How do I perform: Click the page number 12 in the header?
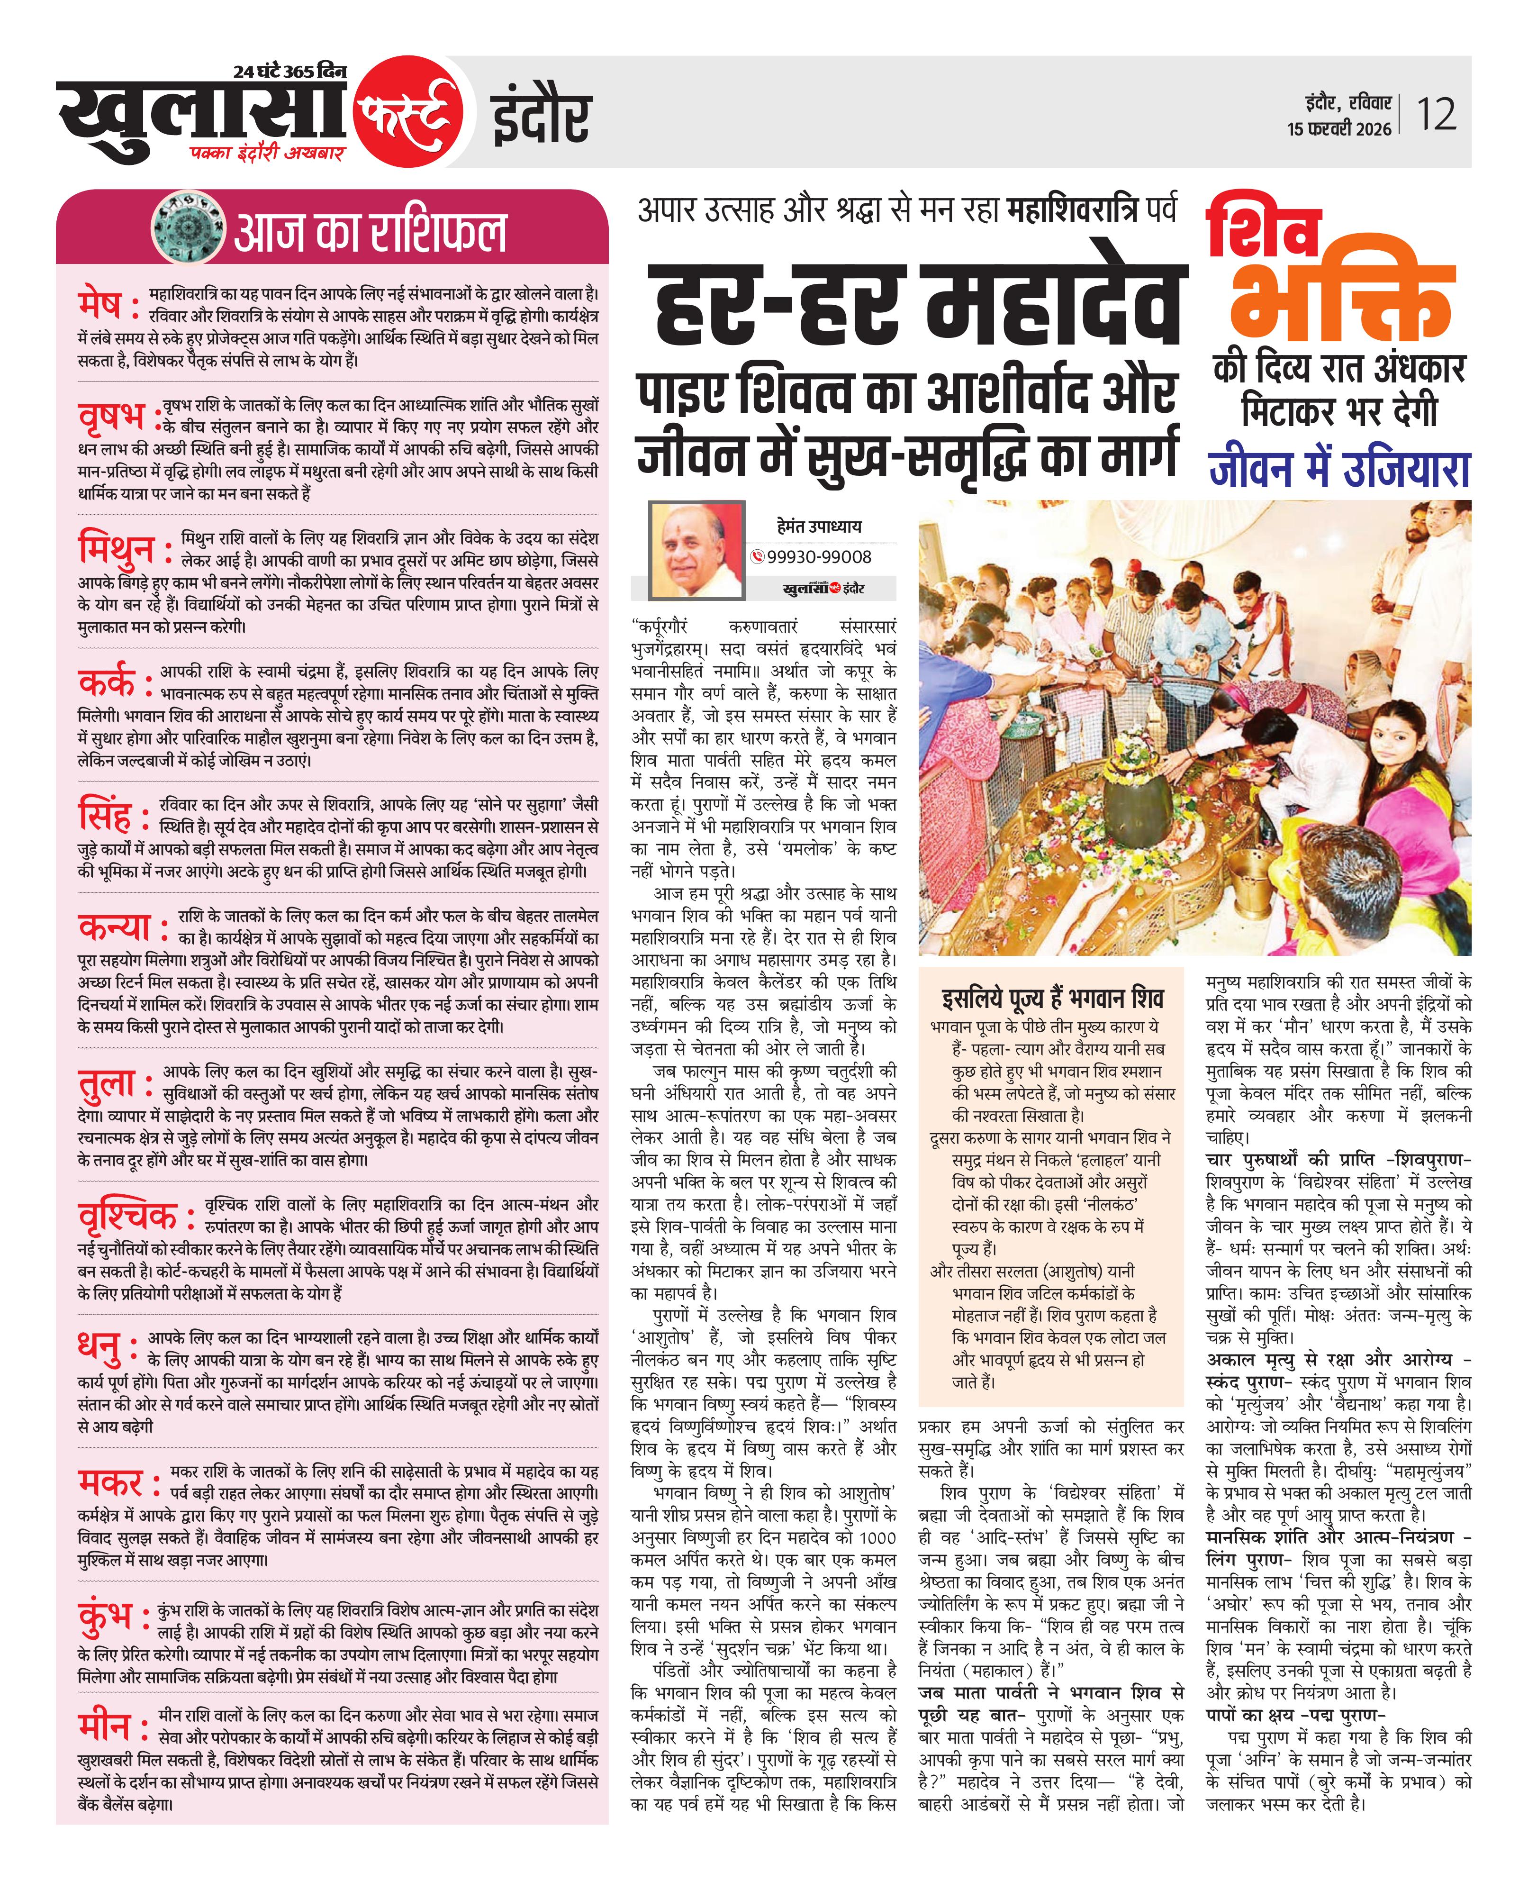click(1436, 114)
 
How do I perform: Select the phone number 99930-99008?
click(819, 557)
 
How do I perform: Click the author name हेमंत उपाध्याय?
click(820, 527)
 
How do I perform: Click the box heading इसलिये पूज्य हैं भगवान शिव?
click(1052, 998)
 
